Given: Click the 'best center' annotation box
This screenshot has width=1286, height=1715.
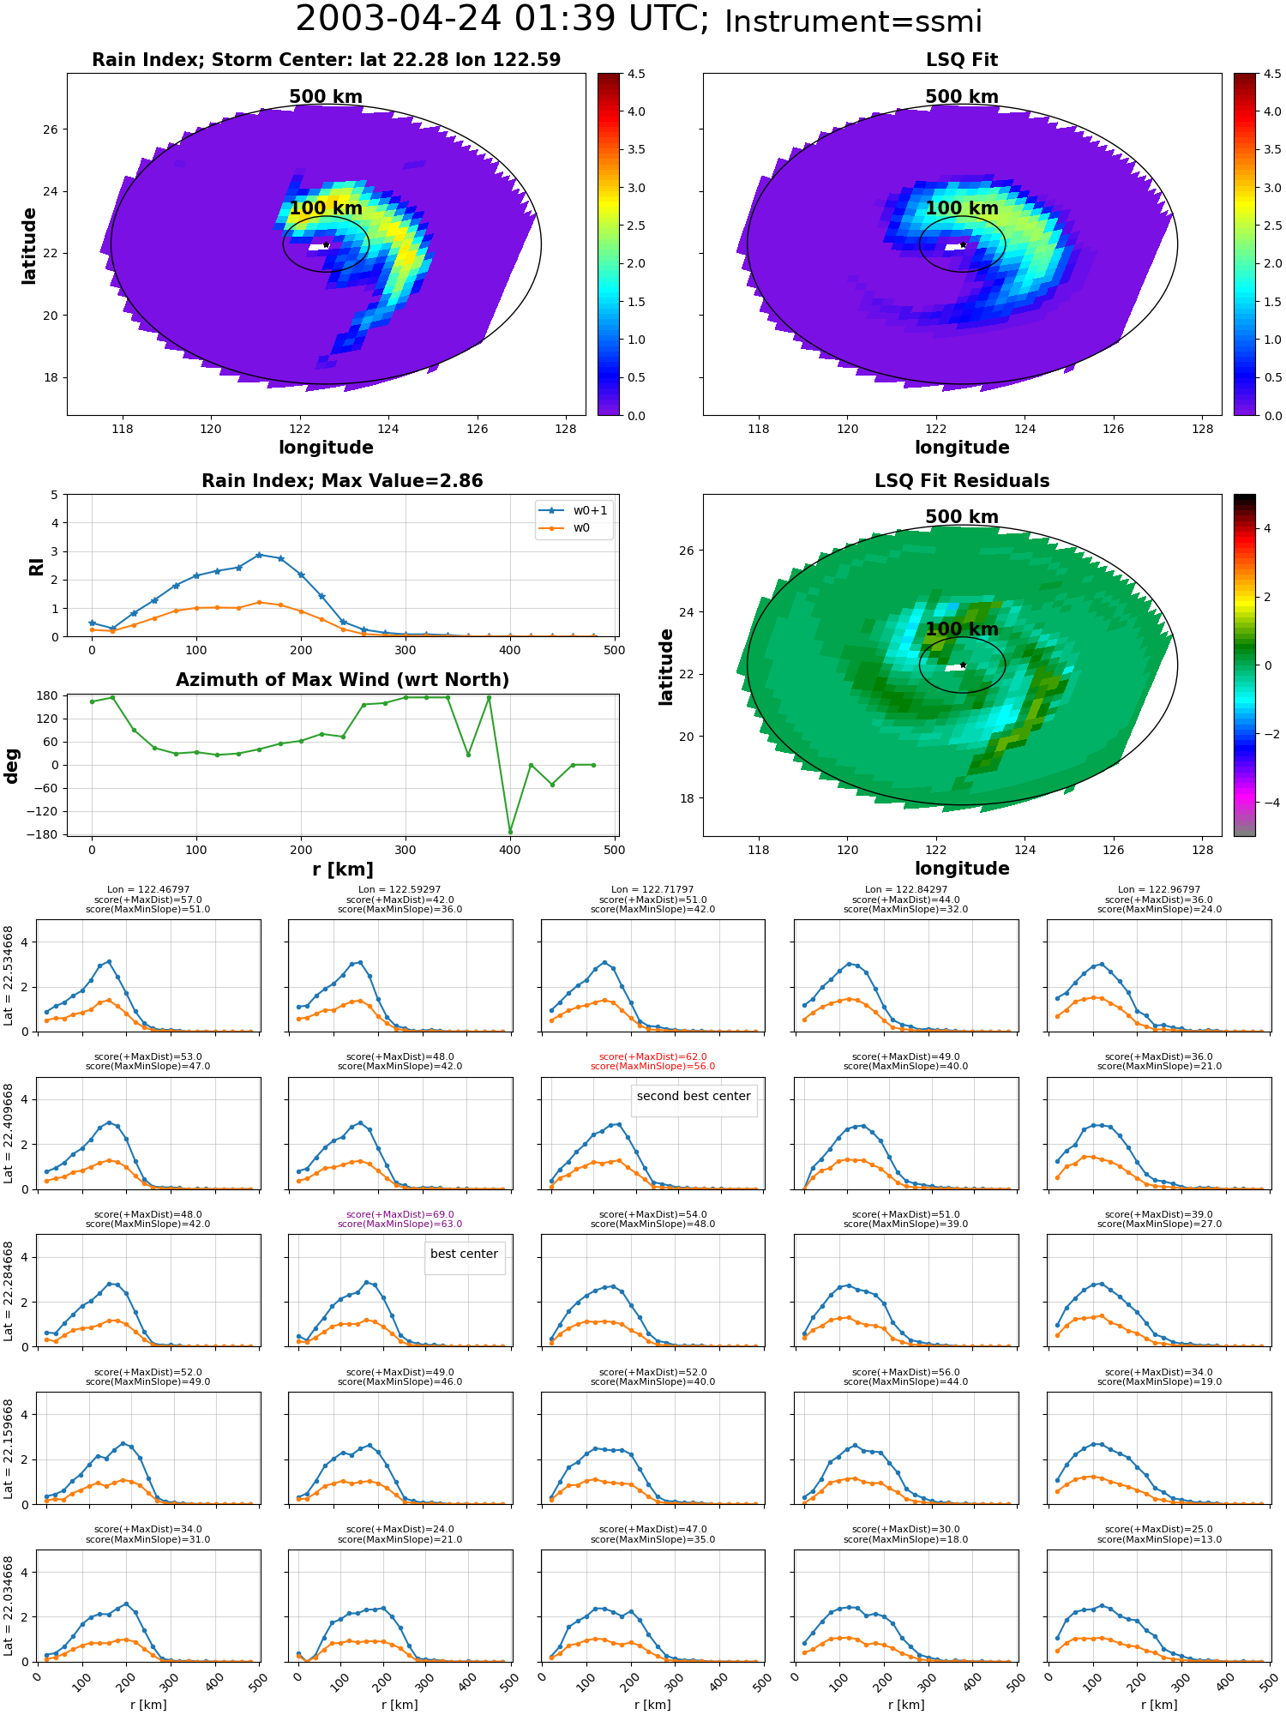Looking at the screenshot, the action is [464, 1258].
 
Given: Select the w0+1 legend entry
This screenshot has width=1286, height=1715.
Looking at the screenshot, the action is [574, 510].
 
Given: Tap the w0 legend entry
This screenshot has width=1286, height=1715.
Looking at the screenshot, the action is [566, 528].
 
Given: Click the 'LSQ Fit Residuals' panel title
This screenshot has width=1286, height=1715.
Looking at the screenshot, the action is [962, 481].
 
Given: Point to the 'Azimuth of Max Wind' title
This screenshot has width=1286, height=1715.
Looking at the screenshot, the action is [342, 680].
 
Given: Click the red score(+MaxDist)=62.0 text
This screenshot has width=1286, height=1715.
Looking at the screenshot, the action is [653, 1057].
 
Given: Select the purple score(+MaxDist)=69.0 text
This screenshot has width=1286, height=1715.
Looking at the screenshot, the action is [400, 1215].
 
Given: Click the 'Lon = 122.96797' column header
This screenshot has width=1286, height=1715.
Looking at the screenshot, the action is [1159, 890].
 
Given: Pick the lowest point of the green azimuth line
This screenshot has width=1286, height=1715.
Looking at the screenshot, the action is [510, 832].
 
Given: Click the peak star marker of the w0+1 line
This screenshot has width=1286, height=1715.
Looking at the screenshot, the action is [259, 555].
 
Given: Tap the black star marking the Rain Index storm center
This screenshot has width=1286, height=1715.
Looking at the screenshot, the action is [326, 245].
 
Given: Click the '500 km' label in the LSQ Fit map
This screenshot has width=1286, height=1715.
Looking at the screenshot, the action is [962, 97].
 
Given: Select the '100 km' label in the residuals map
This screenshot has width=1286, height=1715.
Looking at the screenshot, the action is [962, 629].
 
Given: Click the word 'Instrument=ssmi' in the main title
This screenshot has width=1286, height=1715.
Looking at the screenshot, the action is [853, 22].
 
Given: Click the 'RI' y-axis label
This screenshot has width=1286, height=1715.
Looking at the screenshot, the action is [37, 567].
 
